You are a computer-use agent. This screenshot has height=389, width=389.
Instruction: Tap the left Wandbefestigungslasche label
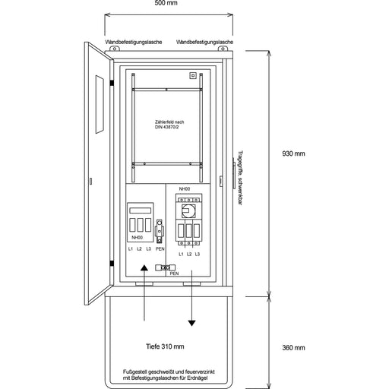coord(128,42)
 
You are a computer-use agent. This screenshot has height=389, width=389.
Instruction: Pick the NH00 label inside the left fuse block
coord(137,237)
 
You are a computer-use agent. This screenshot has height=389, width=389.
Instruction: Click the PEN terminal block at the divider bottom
coord(163,267)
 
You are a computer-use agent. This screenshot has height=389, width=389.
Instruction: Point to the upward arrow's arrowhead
coord(144,270)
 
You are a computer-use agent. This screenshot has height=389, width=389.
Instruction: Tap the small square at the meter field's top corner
coord(193,75)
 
